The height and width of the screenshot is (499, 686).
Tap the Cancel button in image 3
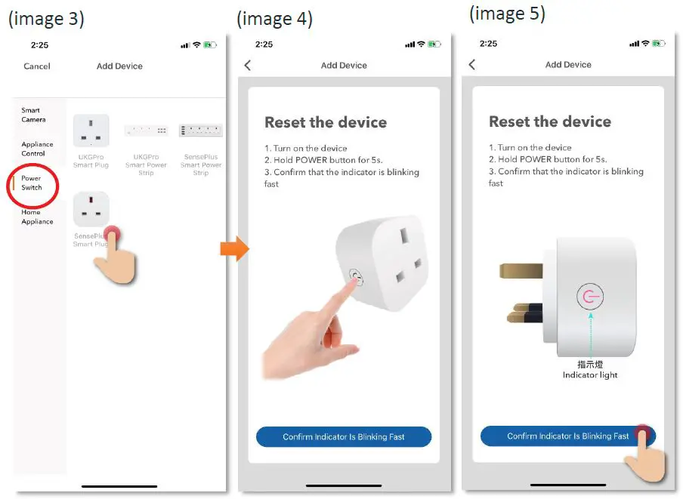pos(37,66)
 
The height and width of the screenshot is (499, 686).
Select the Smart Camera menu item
pos(33,115)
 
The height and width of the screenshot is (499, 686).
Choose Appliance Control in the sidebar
pos(37,149)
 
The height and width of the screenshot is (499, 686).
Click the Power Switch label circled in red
pos(32,183)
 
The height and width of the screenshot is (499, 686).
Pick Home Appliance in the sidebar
pos(37,217)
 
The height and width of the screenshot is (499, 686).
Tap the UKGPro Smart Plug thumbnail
pos(91,131)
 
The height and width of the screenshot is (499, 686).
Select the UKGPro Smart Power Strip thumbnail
pos(146,131)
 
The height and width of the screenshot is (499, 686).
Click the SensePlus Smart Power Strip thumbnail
pos(201,131)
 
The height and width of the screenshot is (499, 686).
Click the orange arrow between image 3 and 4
pos(234,248)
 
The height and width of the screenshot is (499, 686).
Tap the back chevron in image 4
pos(248,66)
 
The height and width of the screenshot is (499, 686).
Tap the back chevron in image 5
pos(472,65)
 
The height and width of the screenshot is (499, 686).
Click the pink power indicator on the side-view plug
pos(590,296)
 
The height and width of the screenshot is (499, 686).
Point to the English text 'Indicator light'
pos(590,375)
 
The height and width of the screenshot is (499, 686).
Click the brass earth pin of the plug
pos(521,270)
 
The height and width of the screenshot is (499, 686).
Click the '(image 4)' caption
pos(274,19)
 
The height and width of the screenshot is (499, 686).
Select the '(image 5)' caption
pos(507,13)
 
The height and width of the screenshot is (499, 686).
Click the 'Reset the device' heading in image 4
pos(326,122)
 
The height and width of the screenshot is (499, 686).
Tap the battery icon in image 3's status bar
pos(210,45)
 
